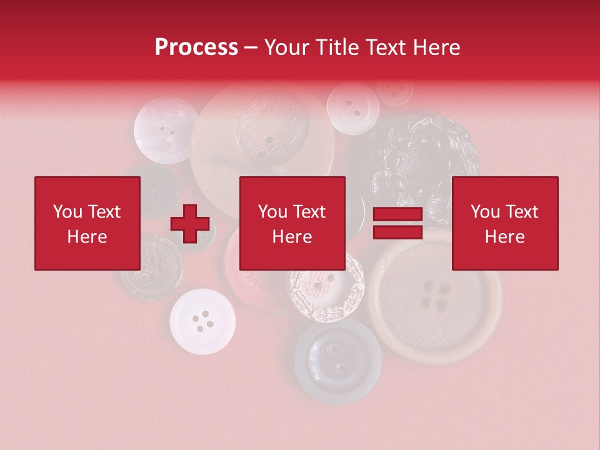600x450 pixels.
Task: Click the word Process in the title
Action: click(x=196, y=47)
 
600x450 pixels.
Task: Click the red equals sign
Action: click(x=397, y=224)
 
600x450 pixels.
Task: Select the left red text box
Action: click(x=87, y=223)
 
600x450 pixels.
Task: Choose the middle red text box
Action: click(x=292, y=223)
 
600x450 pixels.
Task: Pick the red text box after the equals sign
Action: click(x=505, y=223)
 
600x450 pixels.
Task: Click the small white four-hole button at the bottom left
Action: click(x=202, y=321)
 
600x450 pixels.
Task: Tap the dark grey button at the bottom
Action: click(x=338, y=361)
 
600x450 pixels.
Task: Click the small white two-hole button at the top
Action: click(x=353, y=108)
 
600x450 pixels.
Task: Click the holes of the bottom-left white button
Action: click(x=203, y=321)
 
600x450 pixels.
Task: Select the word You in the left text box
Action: click(x=68, y=212)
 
